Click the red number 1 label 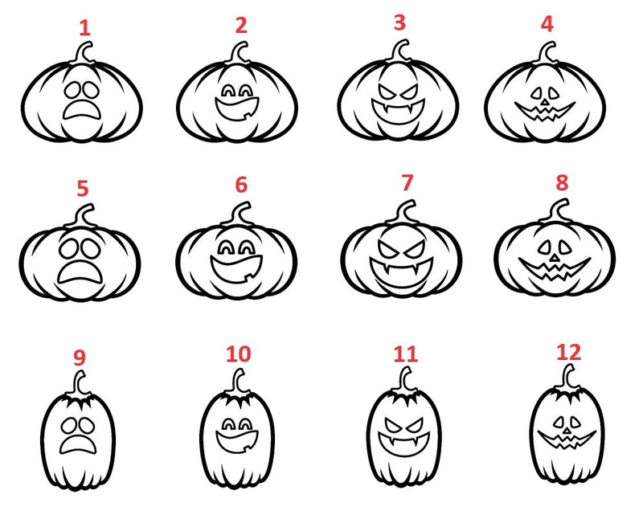tap(84, 28)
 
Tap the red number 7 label tap(407, 182)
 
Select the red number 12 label tap(569, 351)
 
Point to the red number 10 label tap(238, 353)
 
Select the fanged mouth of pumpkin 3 tap(397, 104)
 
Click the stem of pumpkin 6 tap(240, 215)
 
